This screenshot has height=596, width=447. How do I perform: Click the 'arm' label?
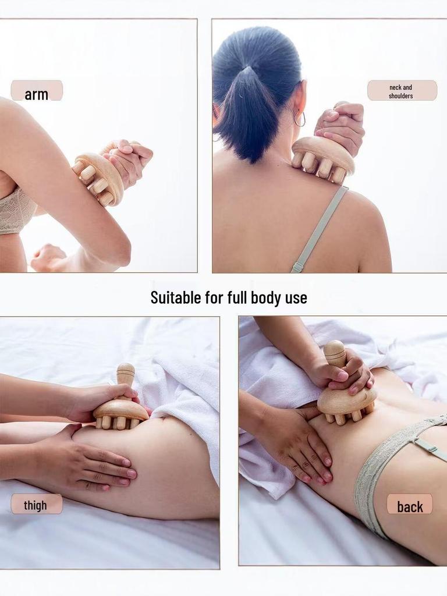tap(36, 93)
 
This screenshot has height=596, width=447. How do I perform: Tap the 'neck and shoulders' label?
tap(401, 91)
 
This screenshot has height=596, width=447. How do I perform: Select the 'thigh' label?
tap(36, 505)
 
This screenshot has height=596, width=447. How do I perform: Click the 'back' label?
tap(410, 506)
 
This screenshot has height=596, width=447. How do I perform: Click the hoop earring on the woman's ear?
tap(299, 119)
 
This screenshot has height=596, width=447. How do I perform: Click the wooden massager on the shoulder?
tap(322, 156)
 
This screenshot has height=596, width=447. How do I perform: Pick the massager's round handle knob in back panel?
tap(335, 352)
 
